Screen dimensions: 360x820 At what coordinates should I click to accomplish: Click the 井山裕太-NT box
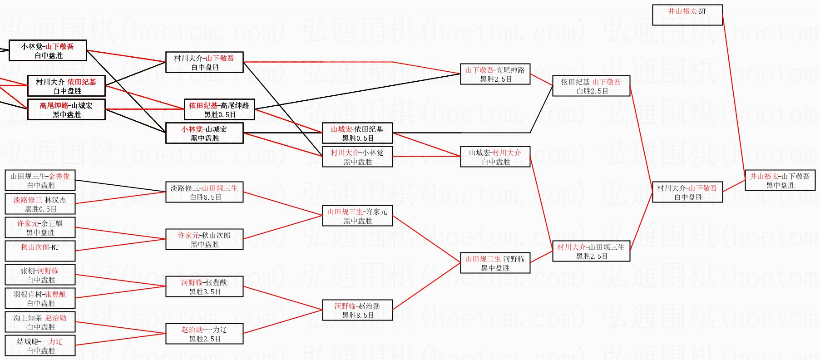[x=687, y=15]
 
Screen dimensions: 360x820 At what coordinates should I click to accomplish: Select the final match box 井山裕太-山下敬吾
[x=780, y=180]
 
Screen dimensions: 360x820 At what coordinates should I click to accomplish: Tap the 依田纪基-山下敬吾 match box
[x=591, y=86]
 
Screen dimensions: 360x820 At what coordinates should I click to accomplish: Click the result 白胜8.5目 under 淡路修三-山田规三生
[x=205, y=197]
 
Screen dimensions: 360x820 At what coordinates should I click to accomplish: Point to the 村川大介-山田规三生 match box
[x=591, y=251]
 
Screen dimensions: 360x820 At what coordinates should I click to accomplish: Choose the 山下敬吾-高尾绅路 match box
[x=495, y=74]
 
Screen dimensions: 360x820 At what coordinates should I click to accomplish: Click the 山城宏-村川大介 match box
[x=495, y=157]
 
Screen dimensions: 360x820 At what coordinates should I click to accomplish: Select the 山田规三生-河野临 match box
[x=495, y=263]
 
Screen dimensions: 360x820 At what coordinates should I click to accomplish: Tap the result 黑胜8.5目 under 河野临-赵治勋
[x=358, y=315]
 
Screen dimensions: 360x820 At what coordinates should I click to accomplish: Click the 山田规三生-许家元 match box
[x=357, y=216]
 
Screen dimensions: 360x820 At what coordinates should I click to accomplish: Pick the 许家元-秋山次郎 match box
[x=204, y=239]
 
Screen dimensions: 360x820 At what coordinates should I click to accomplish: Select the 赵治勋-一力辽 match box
[x=204, y=334]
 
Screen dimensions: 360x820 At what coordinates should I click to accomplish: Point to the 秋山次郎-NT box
[x=40, y=251]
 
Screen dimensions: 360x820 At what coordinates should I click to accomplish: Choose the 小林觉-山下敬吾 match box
[x=48, y=50]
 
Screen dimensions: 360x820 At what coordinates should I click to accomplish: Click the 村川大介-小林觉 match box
[x=357, y=157]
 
